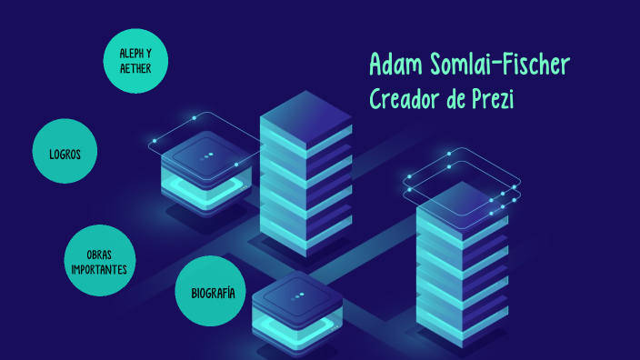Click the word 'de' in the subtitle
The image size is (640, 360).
[x=455, y=98]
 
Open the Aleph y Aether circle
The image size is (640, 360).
[x=135, y=60]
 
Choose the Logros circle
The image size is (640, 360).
[x=65, y=154]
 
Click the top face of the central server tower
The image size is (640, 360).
[x=305, y=120]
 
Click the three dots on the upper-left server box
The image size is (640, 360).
[x=208, y=155]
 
